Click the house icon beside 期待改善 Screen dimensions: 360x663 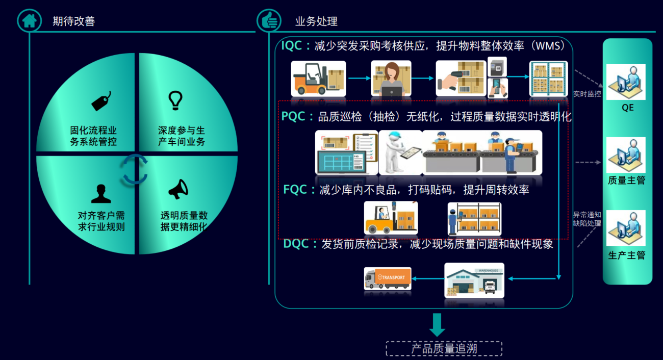point(29,21)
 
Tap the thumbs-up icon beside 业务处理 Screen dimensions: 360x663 point(268,21)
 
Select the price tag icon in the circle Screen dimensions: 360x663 point(101,101)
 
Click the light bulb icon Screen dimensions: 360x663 point(175,100)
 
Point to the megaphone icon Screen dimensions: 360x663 point(178,190)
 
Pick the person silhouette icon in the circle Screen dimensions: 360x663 point(101,194)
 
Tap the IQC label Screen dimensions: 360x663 point(294,46)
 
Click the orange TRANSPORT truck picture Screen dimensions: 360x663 point(388,278)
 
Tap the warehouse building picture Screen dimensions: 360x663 point(474,280)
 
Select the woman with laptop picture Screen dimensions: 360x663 point(391,79)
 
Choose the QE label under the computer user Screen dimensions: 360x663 point(627,108)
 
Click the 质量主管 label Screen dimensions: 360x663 point(626,181)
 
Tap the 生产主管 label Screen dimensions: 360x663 point(626,255)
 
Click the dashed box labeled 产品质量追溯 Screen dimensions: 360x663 point(444,349)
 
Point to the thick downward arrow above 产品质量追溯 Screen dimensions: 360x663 point(437,324)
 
